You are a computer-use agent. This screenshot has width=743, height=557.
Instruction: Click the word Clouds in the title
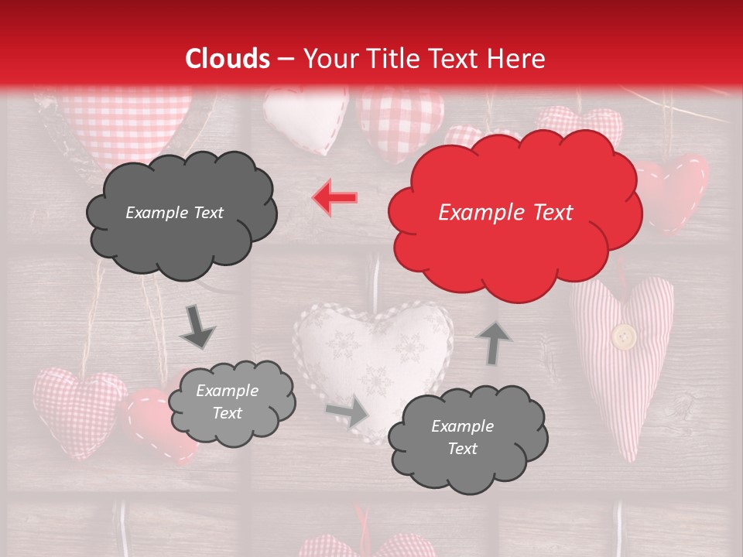tap(228, 59)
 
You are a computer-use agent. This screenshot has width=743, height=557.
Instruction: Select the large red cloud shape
tap(514, 213)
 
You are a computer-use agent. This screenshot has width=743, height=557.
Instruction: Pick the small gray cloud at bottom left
tap(231, 402)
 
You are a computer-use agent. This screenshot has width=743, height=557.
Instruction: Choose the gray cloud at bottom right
tap(467, 437)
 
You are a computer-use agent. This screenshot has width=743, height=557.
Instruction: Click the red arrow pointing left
tap(335, 197)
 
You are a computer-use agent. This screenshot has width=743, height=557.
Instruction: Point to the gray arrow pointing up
tap(495, 342)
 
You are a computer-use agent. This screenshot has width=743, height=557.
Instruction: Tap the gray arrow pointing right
tap(348, 412)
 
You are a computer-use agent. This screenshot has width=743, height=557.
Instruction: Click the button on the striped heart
tap(624, 337)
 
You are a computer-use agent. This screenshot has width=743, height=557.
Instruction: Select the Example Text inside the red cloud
tap(505, 213)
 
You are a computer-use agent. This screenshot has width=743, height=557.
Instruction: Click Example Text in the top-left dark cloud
tap(174, 213)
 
